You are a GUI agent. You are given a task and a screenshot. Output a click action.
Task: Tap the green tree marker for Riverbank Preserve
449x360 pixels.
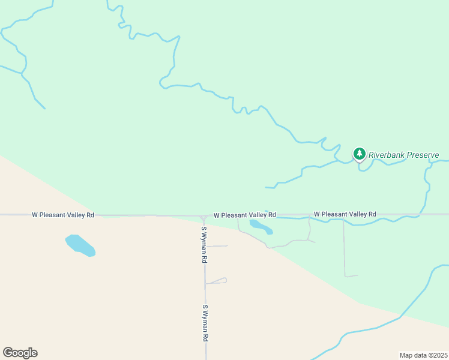click(359, 154)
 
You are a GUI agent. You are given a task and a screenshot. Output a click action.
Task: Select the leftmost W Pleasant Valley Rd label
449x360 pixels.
click(63, 214)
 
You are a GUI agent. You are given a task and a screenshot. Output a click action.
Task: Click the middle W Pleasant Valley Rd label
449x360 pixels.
click(244, 214)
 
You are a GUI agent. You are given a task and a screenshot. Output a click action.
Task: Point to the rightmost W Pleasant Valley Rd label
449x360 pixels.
click(345, 214)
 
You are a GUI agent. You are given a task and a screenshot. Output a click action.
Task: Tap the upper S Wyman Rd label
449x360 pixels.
click(204, 245)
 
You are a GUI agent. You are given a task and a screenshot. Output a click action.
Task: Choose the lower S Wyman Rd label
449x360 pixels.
click(205, 323)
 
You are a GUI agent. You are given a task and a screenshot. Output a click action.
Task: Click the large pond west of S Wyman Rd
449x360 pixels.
click(80, 245)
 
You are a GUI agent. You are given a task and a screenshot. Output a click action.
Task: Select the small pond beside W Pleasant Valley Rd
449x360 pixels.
click(261, 227)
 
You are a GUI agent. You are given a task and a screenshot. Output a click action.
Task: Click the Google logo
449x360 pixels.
click(20, 353)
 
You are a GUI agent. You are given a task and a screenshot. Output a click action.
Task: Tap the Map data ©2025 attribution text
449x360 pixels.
click(423, 355)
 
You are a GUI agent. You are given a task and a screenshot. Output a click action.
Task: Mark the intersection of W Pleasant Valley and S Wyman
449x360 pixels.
click(204, 215)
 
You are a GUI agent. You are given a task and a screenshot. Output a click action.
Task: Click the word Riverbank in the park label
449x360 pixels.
click(387, 155)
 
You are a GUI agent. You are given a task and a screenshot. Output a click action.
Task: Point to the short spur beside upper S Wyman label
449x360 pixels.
click(217, 246)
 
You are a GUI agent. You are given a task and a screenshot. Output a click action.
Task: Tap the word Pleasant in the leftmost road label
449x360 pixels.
click(58, 214)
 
